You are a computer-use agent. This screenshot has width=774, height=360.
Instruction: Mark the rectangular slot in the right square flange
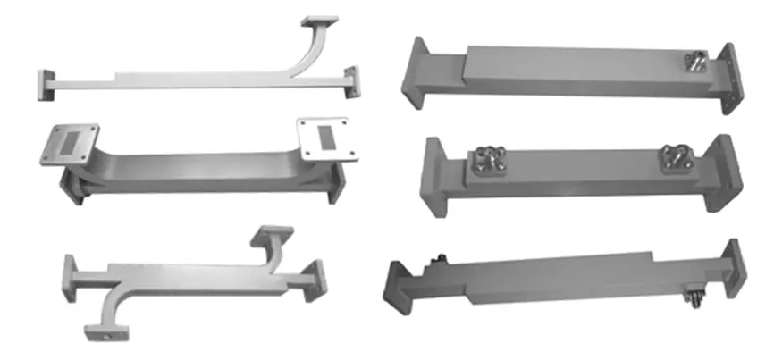click(326, 138)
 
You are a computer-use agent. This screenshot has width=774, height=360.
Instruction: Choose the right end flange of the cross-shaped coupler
click(317, 277)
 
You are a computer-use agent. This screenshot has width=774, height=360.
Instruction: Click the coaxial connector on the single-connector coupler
click(694, 62)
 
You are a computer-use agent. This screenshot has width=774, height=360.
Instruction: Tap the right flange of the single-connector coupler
click(728, 80)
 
